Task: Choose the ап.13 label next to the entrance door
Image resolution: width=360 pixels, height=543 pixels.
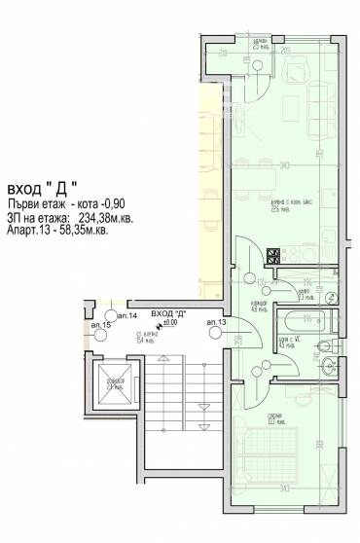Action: click(x=216, y=322)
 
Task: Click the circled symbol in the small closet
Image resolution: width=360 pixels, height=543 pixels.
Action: click(x=330, y=298)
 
